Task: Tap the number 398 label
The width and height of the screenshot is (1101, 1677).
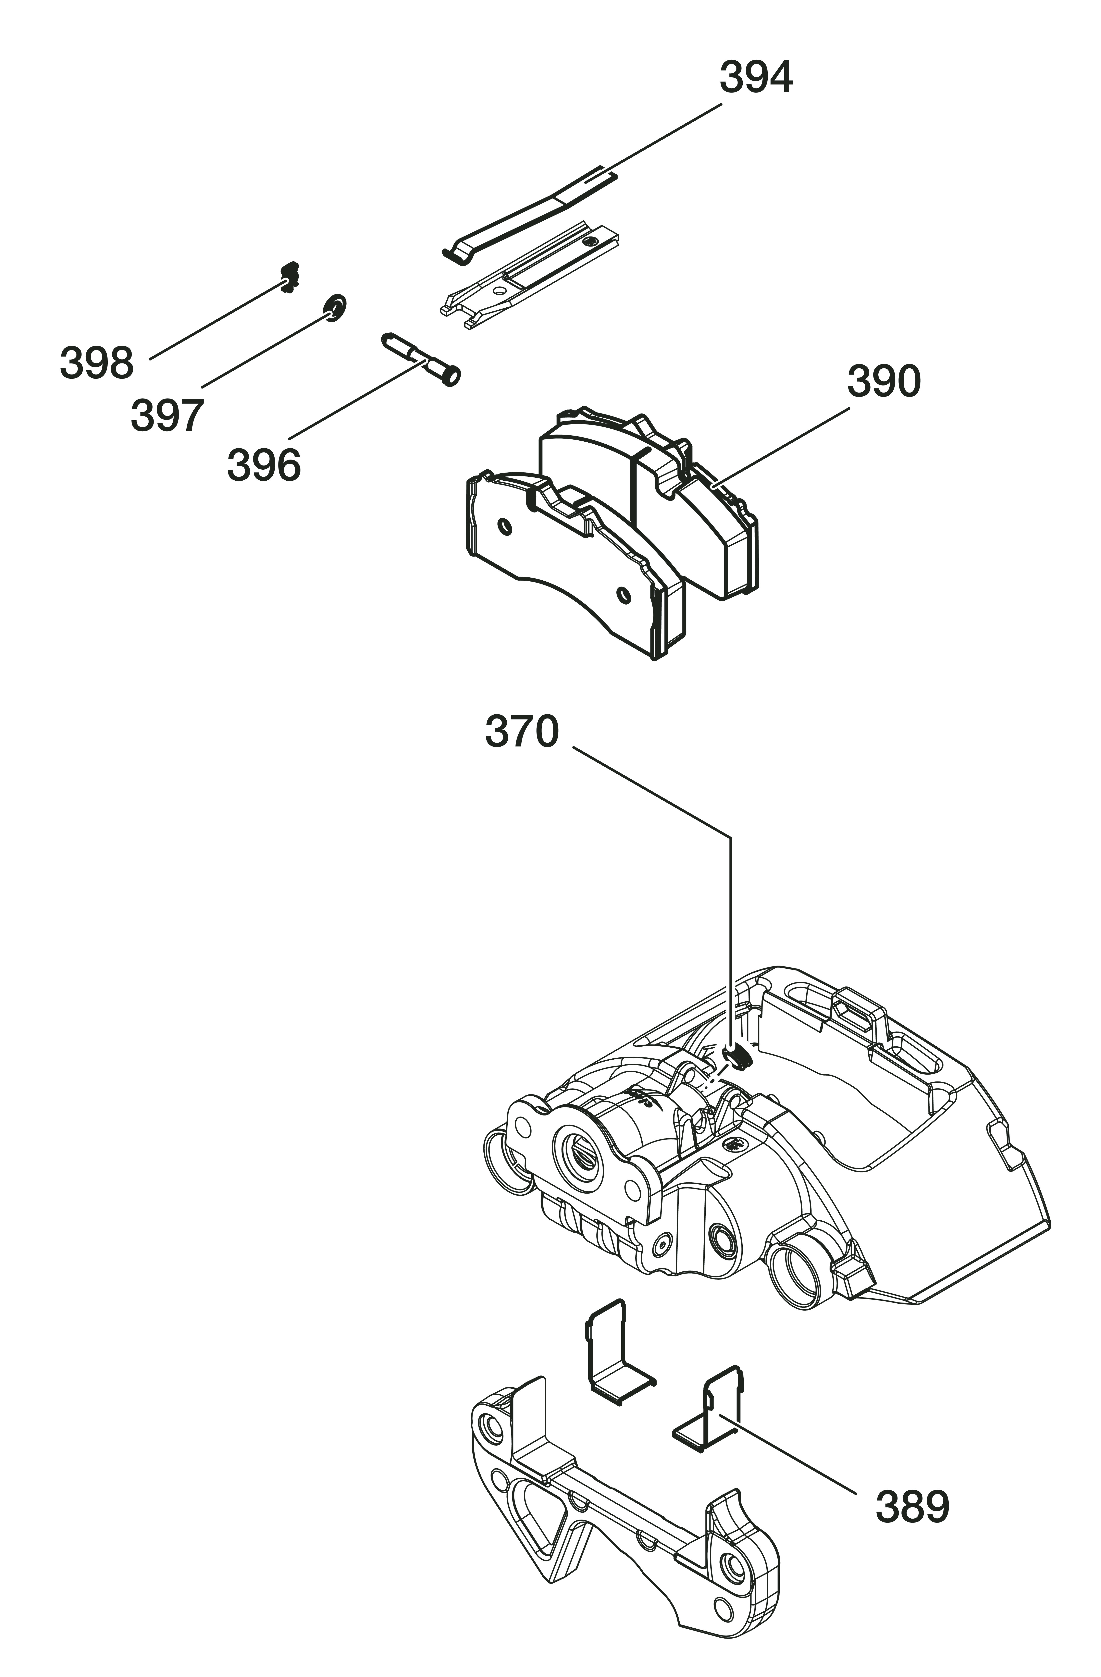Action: tap(96, 364)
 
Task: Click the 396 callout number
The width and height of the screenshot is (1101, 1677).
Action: tap(263, 466)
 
